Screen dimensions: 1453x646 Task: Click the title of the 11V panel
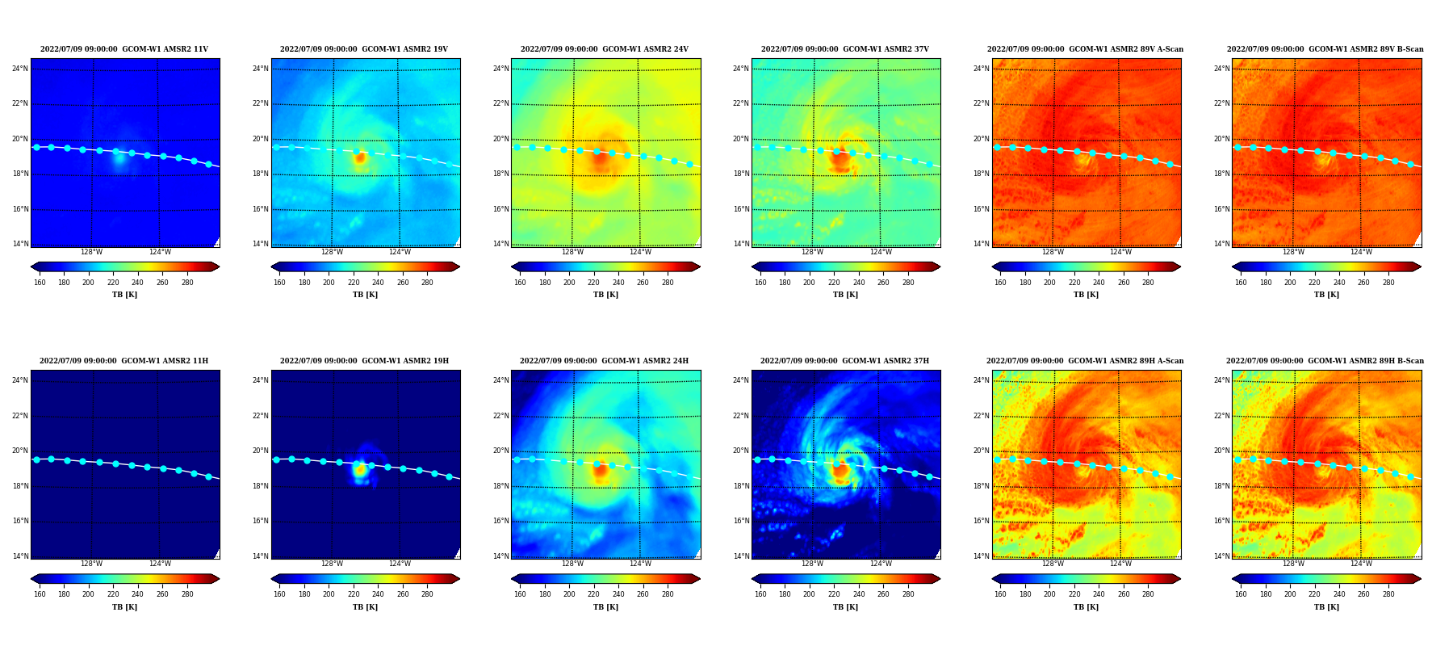(124, 49)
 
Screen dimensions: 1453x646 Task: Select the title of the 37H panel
(844, 361)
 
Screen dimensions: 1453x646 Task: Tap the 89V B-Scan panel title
(1325, 49)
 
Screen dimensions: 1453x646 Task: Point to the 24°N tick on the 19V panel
(261, 69)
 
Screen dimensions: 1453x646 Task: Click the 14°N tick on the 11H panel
(20, 556)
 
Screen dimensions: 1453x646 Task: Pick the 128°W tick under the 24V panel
(572, 252)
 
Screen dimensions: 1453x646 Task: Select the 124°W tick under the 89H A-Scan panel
(1120, 564)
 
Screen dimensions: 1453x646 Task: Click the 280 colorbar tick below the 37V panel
(908, 283)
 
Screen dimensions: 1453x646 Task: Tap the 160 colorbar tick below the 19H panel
(279, 594)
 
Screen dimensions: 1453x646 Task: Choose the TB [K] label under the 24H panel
(605, 607)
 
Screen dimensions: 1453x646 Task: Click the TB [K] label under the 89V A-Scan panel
(1086, 295)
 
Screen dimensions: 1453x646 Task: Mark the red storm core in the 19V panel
(360, 158)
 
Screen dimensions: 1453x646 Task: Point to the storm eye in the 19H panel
(360, 469)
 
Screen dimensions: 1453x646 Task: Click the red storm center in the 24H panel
(600, 471)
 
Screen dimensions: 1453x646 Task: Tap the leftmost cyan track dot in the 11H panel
(36, 459)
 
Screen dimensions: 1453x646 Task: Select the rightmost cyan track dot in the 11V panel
(208, 164)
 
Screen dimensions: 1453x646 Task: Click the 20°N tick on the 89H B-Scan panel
(1221, 451)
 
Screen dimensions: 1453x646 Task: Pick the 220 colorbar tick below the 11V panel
(113, 283)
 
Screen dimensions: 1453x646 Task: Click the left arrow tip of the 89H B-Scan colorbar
(1233, 579)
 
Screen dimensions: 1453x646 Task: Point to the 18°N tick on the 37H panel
(741, 486)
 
